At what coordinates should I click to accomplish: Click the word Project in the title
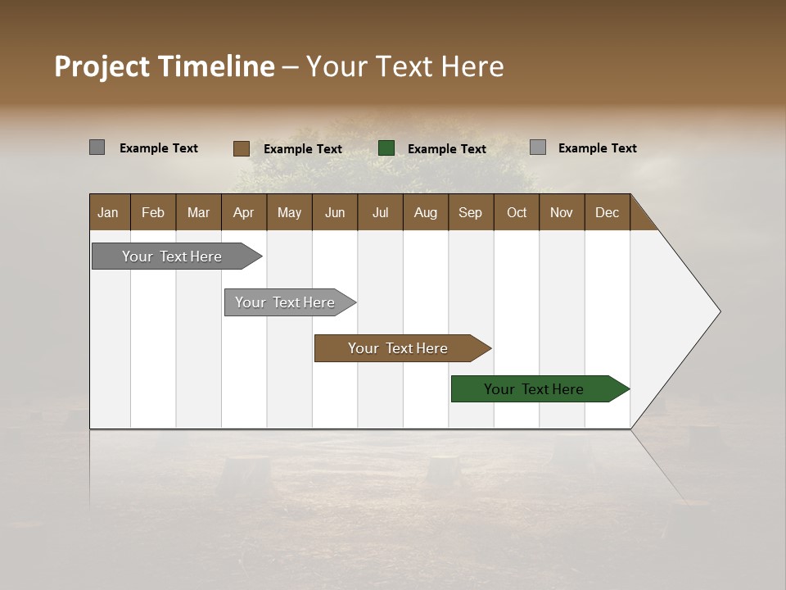point(102,66)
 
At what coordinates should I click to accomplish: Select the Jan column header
point(108,213)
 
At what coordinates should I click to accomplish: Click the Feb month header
point(153,213)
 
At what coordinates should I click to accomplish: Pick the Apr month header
point(244,213)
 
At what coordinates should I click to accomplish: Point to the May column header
point(289,213)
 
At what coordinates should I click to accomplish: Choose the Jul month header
point(380,213)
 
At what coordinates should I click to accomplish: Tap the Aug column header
point(426,213)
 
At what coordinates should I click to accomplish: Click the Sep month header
point(470,213)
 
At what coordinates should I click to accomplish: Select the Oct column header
point(517,213)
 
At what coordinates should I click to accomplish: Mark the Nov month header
point(562,213)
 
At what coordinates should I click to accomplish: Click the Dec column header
point(608,213)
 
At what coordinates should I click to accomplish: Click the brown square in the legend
point(241,148)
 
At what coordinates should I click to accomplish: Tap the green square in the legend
point(386,148)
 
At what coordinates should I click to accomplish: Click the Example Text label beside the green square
point(447,149)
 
